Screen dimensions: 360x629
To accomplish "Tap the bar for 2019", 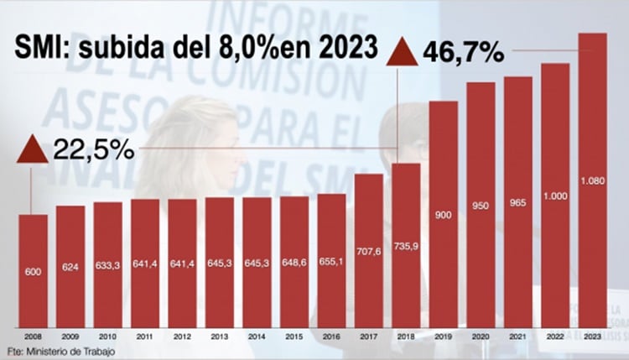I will point(443,218).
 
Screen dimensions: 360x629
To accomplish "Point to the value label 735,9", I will point(406,249).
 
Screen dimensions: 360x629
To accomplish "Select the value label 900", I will point(443,217).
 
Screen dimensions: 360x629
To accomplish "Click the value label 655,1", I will point(331,261).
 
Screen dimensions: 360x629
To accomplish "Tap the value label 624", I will point(70,268).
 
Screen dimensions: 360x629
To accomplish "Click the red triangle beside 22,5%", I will point(32,150).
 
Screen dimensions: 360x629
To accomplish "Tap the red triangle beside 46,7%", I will point(402,52).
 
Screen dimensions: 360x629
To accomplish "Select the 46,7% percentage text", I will point(463,52).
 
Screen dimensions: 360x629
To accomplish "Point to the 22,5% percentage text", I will point(93,150).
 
